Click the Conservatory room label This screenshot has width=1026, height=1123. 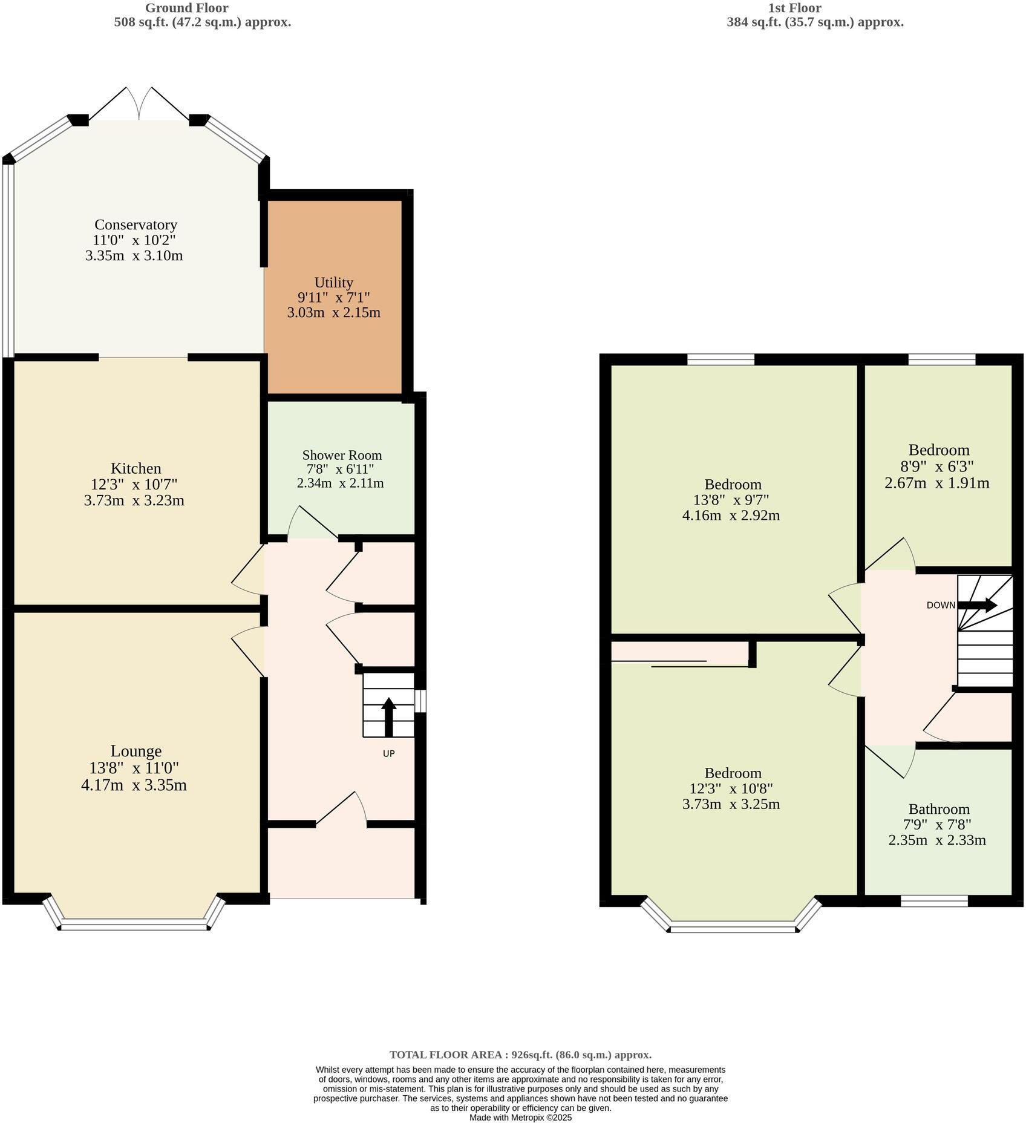click(136, 225)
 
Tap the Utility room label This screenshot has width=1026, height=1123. click(333, 283)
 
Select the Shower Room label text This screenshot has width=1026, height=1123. click(342, 455)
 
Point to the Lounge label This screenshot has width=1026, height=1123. click(136, 751)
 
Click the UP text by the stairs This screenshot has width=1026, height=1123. click(389, 753)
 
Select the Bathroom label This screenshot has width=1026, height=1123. click(938, 809)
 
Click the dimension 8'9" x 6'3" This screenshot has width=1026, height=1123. click(938, 467)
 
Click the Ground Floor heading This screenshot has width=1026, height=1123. click(186, 8)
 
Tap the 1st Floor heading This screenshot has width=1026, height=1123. click(794, 8)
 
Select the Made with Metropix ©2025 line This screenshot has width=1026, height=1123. click(520, 1118)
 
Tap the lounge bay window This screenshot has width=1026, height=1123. click(134, 924)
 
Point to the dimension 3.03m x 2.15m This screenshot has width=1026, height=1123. click(333, 313)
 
